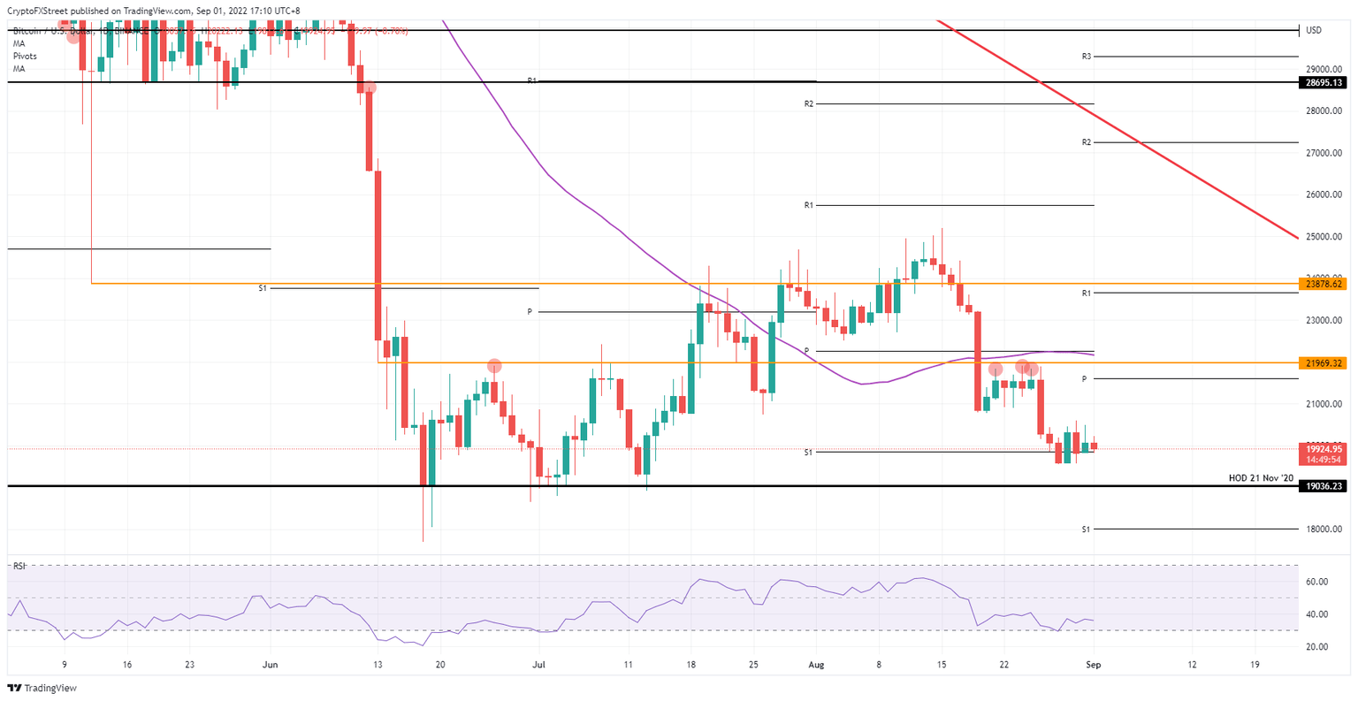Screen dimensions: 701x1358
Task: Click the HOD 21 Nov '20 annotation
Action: [x=1261, y=478]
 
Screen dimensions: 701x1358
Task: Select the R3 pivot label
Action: [x=1086, y=57]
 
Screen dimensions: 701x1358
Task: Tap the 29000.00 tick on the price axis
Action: [x=1324, y=69]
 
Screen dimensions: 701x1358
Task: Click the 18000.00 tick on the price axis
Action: [x=1324, y=530]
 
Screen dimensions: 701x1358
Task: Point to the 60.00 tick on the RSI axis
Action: [x=1316, y=582]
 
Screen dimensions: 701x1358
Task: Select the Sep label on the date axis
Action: [x=1093, y=664]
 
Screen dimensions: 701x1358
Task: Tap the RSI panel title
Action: [x=19, y=565]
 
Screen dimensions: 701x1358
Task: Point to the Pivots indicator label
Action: [x=25, y=56]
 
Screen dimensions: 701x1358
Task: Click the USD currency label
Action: [x=1314, y=30]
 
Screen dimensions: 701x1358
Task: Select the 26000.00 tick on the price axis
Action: [x=1324, y=194]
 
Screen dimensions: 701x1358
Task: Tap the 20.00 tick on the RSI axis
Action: [x=1316, y=647]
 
